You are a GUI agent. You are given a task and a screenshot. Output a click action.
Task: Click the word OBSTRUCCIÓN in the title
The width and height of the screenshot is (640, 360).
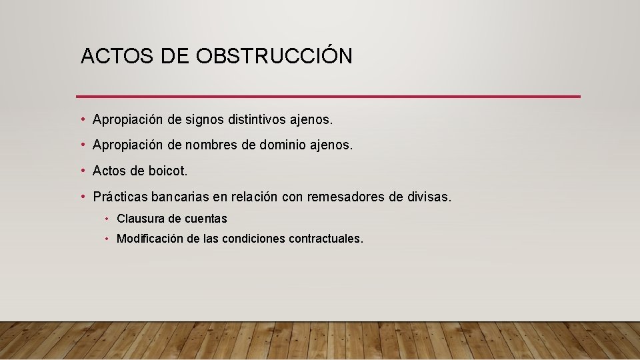pyautogui.click(x=275, y=57)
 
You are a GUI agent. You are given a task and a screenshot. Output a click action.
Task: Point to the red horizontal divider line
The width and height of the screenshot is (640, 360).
pyautogui.click(x=328, y=97)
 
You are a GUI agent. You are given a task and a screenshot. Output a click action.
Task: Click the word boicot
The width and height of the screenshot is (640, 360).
pyautogui.click(x=168, y=171)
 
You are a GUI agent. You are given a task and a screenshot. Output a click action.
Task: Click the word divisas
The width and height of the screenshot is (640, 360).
pyautogui.click(x=429, y=197)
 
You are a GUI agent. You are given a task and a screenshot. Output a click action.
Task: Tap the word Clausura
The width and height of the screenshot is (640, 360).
pyautogui.click(x=139, y=219)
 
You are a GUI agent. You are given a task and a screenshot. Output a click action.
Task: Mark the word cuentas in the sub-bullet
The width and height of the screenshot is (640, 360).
pyautogui.click(x=206, y=219)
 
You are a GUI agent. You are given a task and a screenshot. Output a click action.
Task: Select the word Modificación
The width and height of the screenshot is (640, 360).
pyautogui.click(x=149, y=239)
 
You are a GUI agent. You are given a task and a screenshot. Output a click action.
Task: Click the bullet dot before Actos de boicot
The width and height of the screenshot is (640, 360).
pyautogui.click(x=83, y=171)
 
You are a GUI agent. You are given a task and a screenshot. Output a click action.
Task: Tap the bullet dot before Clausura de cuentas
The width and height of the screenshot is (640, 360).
pyautogui.click(x=107, y=219)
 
